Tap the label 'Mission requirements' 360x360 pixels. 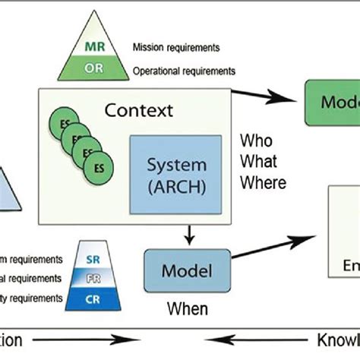click(x=175, y=47)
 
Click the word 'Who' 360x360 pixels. click(x=256, y=141)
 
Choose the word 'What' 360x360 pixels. click(x=258, y=161)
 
